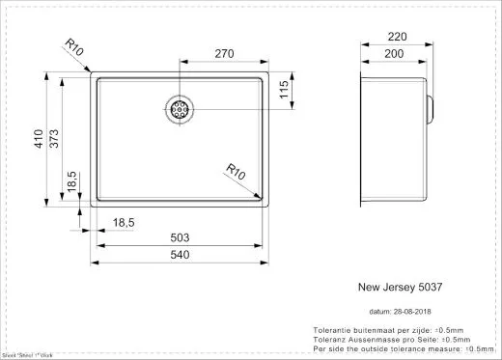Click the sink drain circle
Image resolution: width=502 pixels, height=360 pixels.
[x=180, y=110]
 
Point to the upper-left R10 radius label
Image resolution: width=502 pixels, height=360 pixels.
[x=76, y=45]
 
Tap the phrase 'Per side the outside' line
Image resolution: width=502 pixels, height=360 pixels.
[x=357, y=347]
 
